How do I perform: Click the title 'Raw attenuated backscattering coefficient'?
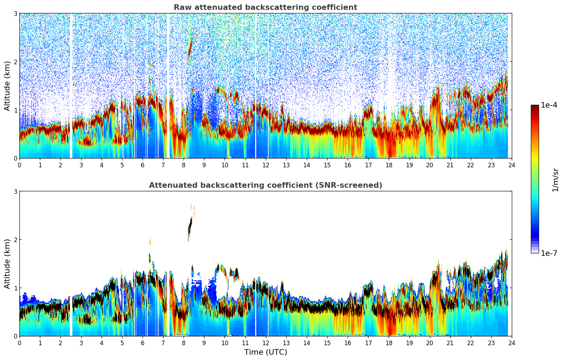coord(265,7)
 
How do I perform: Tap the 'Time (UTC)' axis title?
coord(265,352)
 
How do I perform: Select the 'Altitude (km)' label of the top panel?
coord(7,86)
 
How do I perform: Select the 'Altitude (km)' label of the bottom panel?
coord(7,264)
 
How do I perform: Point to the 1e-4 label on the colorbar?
coord(549,105)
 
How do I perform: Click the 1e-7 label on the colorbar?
coord(549,253)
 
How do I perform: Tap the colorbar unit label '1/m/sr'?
coord(555,180)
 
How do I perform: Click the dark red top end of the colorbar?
coord(535,107)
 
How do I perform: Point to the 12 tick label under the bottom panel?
coord(265,343)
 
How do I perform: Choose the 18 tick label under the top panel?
coord(389,165)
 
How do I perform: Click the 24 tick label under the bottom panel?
coord(511,343)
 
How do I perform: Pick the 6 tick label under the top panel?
coord(143,165)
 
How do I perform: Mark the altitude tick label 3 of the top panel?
coord(15,13)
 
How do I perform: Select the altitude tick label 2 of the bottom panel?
coord(15,240)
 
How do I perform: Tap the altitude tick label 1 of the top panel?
coord(15,110)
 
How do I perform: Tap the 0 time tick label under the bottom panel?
coord(19,343)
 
